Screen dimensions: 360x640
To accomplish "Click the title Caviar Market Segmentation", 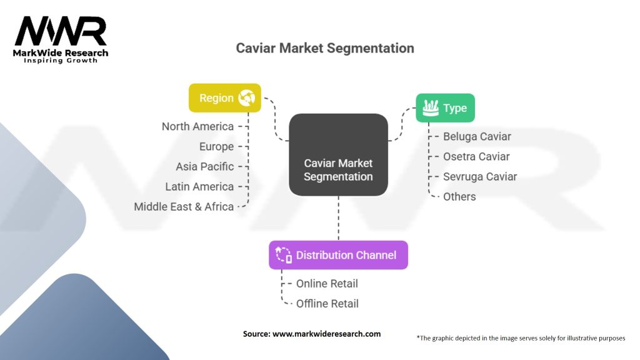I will coord(324,48).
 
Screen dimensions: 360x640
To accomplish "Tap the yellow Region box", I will coord(225,98).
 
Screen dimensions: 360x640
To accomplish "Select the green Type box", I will coord(446,108).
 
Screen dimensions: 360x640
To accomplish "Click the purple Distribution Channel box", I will coord(338,255).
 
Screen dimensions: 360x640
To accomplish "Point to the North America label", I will coord(197,126).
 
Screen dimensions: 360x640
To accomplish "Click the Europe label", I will coord(216,146).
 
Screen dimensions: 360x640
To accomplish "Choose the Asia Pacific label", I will coord(205,166).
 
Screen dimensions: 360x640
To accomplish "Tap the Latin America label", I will coord(199,186).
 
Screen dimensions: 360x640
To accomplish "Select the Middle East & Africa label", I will coord(184,206).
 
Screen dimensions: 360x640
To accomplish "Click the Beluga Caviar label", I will coord(477,136).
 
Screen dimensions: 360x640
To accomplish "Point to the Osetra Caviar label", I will coord(476,156).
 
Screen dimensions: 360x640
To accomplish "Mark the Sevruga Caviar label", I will coord(480,176).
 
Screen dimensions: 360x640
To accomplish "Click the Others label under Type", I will coord(459,196).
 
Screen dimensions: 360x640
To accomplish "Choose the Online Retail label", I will coord(327,283).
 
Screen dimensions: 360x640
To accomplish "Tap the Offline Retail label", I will coord(327,303).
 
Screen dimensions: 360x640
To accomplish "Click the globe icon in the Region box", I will coord(246,98).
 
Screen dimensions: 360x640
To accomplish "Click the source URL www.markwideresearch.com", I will coord(326,334).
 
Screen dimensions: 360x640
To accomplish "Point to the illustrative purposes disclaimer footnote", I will coord(521,338).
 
